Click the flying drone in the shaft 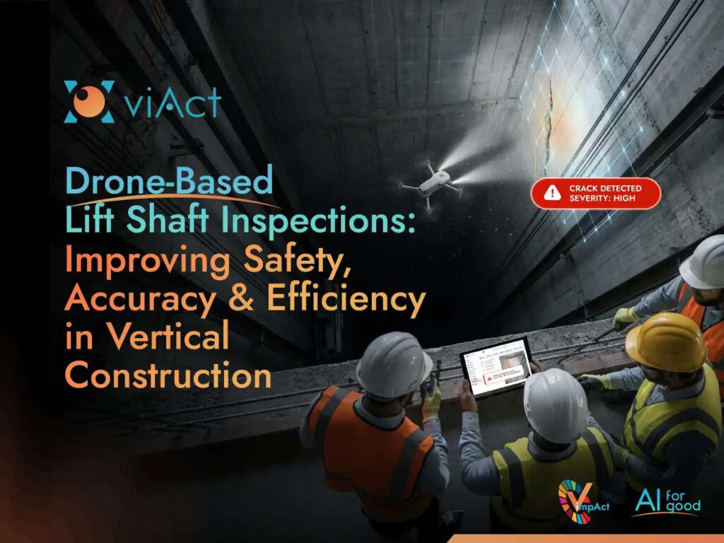433,181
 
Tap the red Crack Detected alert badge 595,193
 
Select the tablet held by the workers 496,366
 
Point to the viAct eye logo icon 89,101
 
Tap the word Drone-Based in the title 169,182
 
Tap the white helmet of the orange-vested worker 394,364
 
